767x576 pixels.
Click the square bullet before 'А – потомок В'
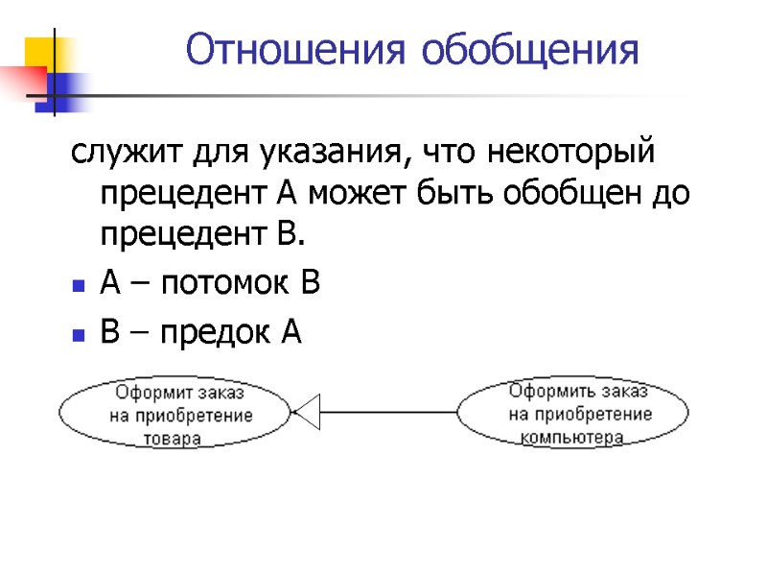[79, 286]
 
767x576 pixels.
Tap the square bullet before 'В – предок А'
[79, 334]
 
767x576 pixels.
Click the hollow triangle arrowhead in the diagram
[306, 413]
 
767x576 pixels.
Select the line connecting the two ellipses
[388, 413]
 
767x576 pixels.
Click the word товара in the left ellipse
[173, 439]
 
